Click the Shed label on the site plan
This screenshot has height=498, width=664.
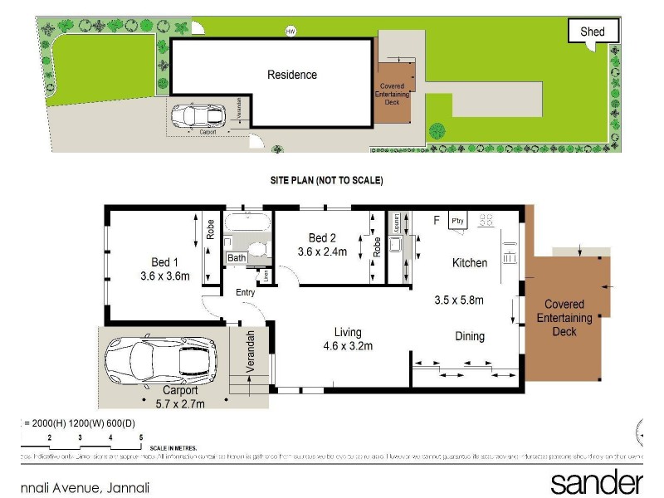[x=593, y=32]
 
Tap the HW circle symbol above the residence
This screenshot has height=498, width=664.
[x=290, y=32]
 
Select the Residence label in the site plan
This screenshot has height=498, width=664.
[x=291, y=75]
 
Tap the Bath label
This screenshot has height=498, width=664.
[x=237, y=258]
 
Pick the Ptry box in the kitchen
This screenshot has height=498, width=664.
[x=457, y=221]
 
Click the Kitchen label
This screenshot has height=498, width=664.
[x=469, y=262]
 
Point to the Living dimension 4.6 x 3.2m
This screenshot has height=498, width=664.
[x=347, y=345]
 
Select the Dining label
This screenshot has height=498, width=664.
[x=469, y=336]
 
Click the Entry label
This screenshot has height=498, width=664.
[x=245, y=292]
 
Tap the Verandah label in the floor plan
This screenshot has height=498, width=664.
[x=251, y=354]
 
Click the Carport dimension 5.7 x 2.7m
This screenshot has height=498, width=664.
[x=180, y=403]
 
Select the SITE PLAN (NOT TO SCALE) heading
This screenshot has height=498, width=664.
[x=326, y=179]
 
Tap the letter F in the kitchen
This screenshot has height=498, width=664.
[x=437, y=220]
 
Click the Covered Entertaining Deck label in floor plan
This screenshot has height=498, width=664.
[x=564, y=318]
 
